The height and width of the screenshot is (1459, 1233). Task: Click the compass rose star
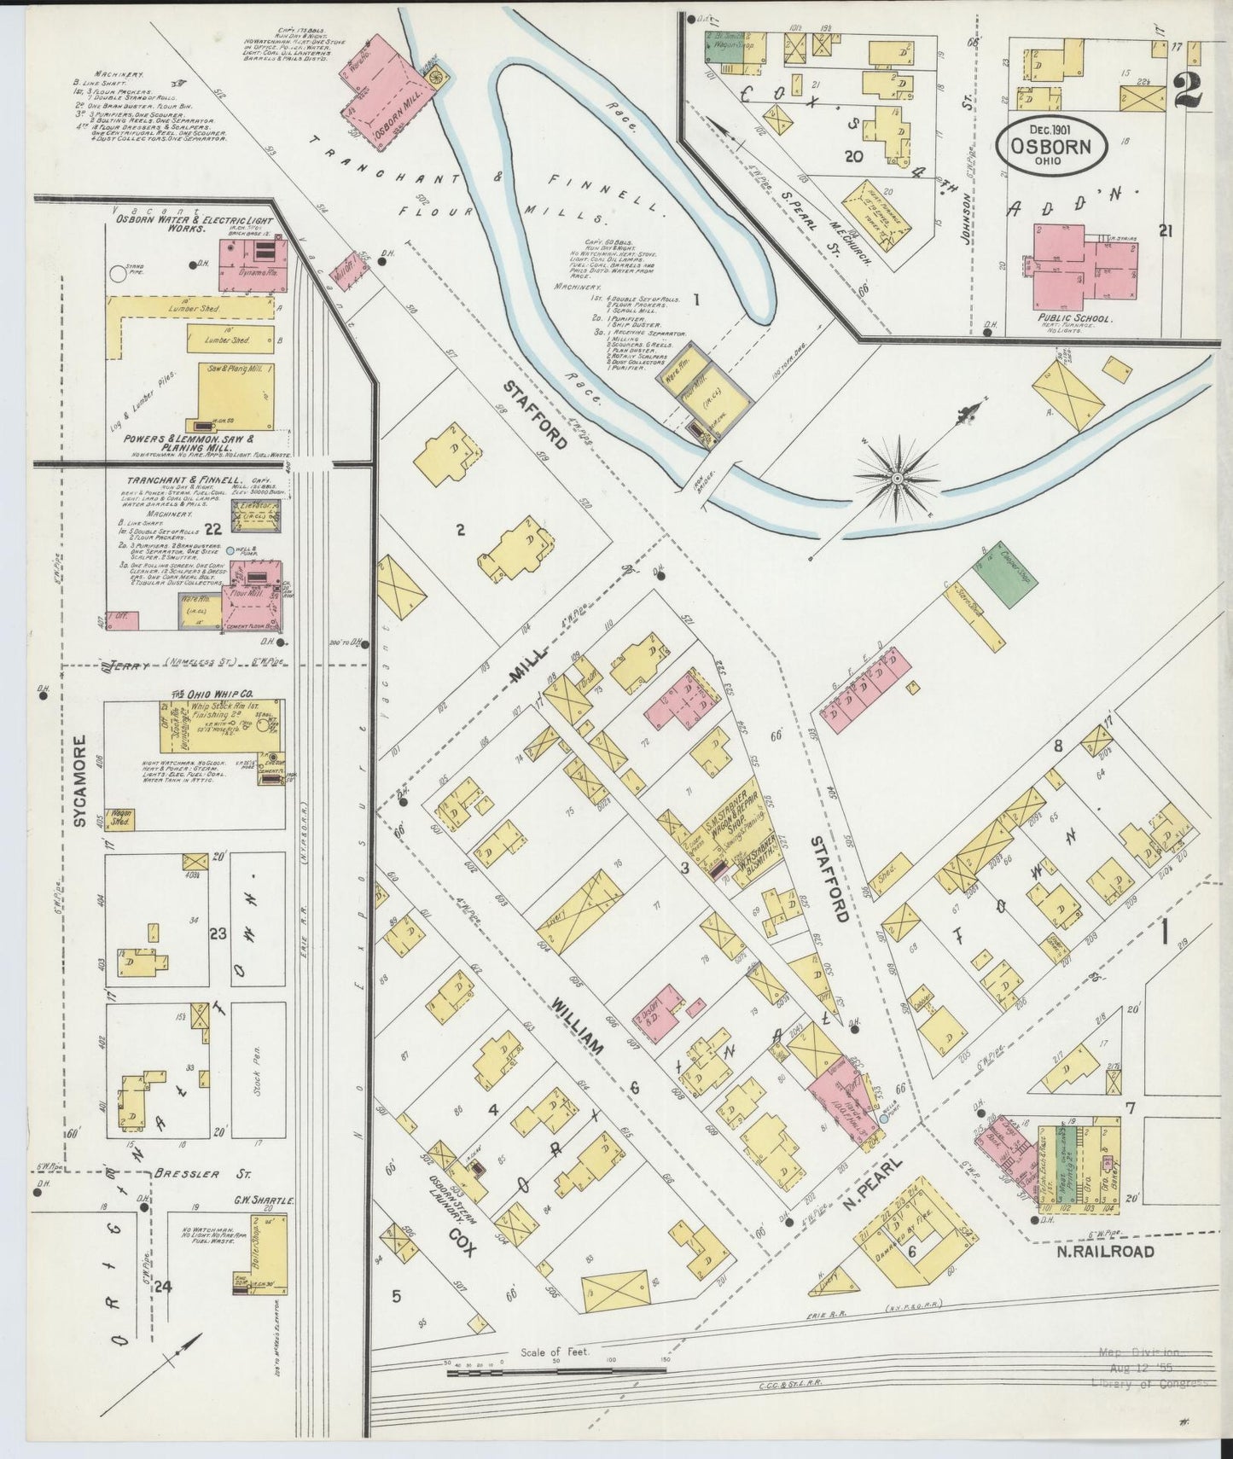coord(898,480)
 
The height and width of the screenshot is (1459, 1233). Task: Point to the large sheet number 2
coord(1189,88)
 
